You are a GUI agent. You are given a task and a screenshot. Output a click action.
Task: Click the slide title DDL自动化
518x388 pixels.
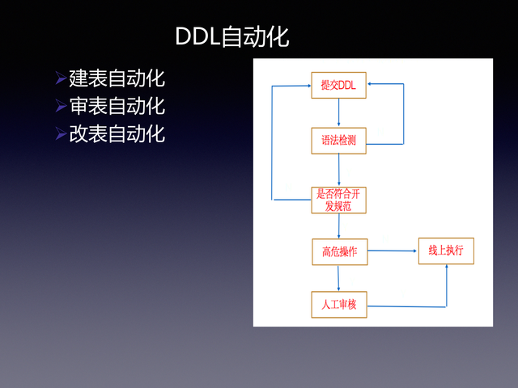[231, 36]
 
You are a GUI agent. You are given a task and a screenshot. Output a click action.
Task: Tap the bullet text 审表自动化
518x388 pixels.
[117, 106]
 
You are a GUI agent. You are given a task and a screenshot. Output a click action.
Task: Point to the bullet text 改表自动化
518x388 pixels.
[117, 133]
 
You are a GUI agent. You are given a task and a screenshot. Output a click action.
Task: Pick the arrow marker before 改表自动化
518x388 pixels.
[61, 133]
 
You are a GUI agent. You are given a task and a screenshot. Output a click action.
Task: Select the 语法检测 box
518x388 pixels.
[339, 139]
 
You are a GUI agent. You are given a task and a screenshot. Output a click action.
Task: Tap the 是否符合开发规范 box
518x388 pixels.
[339, 200]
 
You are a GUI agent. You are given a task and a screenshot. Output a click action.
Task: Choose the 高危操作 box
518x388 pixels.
[339, 251]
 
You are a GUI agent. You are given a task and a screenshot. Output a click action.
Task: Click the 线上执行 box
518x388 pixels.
[445, 251]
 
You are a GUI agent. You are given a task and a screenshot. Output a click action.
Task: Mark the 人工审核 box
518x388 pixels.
[339, 304]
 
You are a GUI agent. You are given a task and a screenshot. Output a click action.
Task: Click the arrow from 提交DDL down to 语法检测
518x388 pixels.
[339, 112]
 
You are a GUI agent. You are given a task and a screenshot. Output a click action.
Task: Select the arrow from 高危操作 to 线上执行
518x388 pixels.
[392, 251]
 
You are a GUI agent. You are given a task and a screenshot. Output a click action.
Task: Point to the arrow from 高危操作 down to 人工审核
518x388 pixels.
[339, 277]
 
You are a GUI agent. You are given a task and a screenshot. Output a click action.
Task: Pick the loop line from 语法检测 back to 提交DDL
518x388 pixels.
[403, 113]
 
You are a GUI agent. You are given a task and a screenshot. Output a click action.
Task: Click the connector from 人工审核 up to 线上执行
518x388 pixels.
[446, 287]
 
